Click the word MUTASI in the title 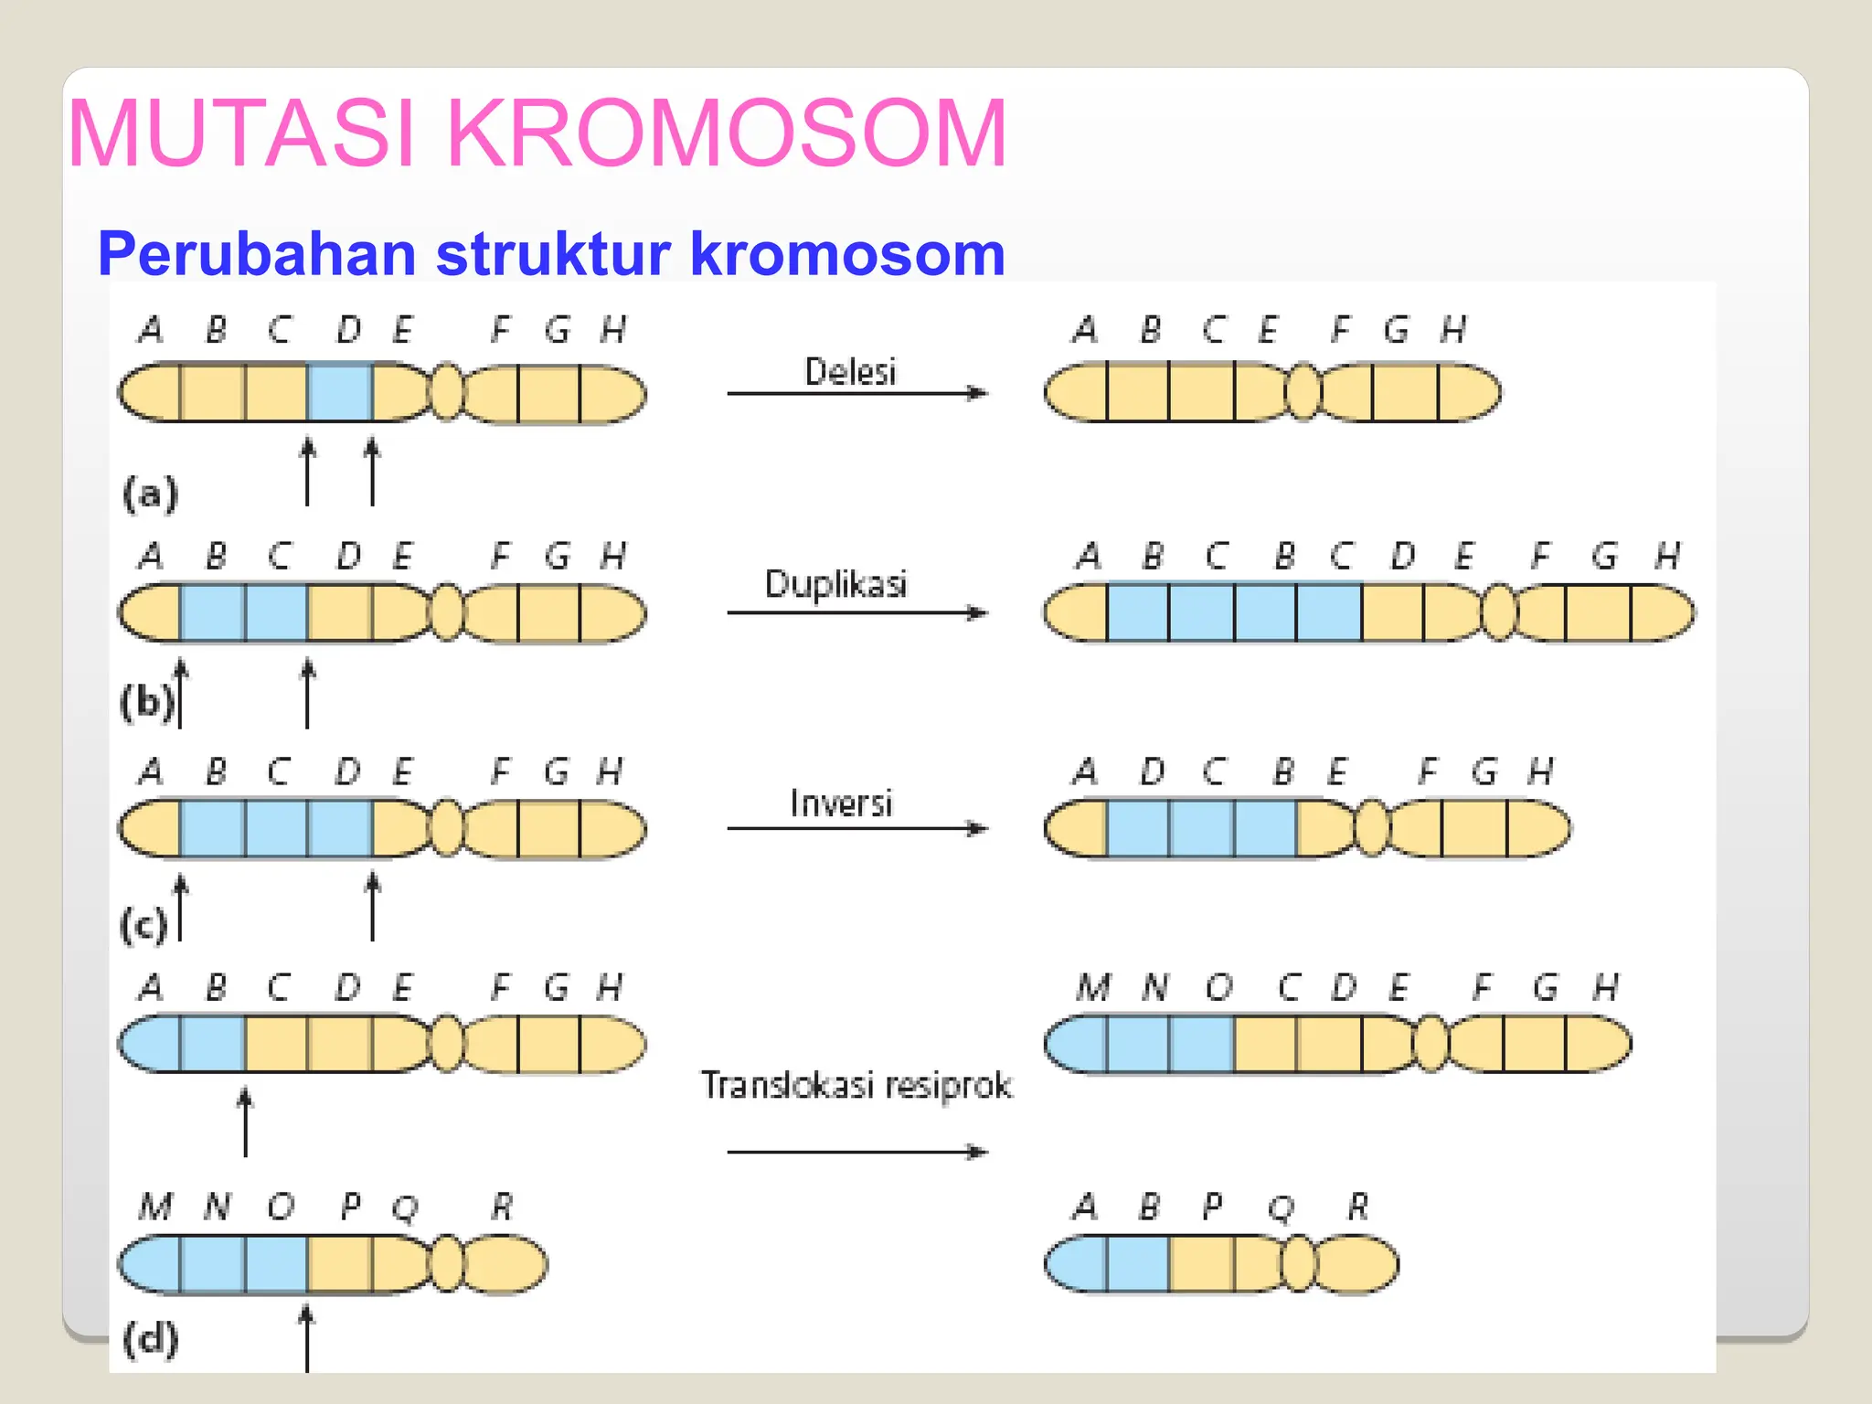(242, 134)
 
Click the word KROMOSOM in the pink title (726, 134)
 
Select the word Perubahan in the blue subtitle (257, 253)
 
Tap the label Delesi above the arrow (850, 372)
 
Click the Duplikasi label (835, 584)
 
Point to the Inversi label (841, 803)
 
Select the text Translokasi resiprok (856, 1085)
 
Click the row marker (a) (150, 494)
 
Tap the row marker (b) (146, 702)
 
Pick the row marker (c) (144, 924)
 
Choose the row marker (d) (151, 1340)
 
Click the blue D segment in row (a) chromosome (339, 392)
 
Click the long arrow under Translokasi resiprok (856, 1152)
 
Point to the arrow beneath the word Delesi (856, 393)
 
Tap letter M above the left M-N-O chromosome (155, 1207)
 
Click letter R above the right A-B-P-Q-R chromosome (1358, 1207)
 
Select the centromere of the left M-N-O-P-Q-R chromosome (447, 1264)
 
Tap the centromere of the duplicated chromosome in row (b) (1498, 612)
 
